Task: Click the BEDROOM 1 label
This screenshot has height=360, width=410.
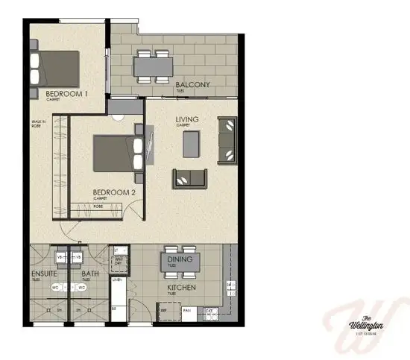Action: [x=67, y=94]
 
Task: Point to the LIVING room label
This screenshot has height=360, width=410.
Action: [x=187, y=119]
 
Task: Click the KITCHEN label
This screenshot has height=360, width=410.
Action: [x=181, y=287]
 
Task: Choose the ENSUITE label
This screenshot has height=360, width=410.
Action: [x=44, y=273]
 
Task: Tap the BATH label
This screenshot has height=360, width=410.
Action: [x=89, y=273]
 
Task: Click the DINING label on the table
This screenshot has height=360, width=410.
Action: [x=180, y=259]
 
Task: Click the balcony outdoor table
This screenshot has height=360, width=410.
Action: [x=154, y=66]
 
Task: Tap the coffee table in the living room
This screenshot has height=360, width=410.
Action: [x=192, y=144]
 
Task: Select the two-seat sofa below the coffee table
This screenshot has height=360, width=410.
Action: [x=190, y=179]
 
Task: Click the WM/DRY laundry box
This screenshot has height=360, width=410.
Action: [x=118, y=260]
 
